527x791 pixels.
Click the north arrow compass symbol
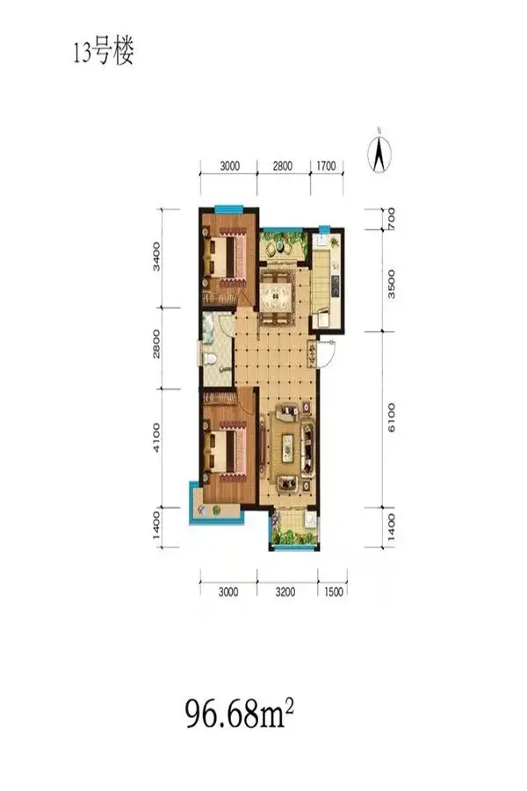(x=379, y=151)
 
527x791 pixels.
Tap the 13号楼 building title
(x=104, y=52)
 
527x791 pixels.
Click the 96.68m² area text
(x=240, y=713)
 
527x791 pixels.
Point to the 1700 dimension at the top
(x=326, y=165)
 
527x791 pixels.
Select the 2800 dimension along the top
(x=283, y=165)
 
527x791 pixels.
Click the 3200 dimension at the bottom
(x=285, y=592)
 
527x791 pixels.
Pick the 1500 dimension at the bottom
(x=334, y=592)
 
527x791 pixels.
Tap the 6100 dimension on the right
(x=392, y=417)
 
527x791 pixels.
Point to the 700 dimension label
(x=392, y=220)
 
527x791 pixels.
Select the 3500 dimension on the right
(x=392, y=284)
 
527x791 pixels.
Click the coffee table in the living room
(x=287, y=447)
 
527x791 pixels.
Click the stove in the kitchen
(x=335, y=286)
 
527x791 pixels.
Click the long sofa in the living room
(x=307, y=447)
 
